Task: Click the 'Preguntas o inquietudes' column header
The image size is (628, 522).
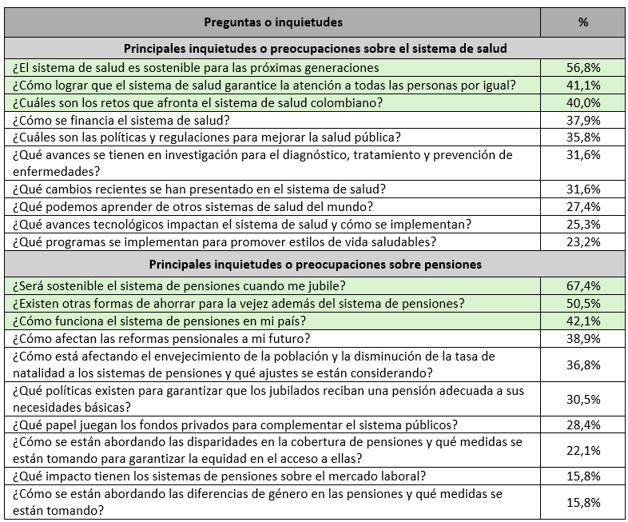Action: (273, 22)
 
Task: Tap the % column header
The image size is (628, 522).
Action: (582, 22)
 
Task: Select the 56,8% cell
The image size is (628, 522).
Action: (582, 68)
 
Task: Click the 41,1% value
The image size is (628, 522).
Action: (582, 86)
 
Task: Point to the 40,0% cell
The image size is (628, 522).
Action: (582, 102)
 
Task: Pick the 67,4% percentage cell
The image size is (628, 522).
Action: (582, 285)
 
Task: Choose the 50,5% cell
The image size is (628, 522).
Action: (582, 303)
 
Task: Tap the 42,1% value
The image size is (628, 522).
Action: (582, 321)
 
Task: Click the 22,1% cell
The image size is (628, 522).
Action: (582, 450)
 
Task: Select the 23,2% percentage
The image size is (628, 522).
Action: (582, 241)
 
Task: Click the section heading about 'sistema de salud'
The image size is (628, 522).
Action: (316, 49)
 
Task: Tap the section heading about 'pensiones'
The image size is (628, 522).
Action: (316, 264)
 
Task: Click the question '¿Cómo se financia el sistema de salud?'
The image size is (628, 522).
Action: (121, 120)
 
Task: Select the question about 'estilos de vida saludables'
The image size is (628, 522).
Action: (223, 241)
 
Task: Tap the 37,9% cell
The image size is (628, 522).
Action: (582, 120)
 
